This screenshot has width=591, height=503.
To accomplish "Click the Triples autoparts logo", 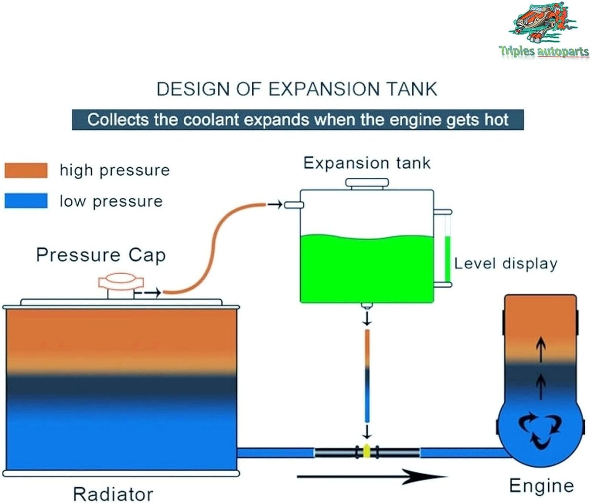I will [x=544, y=32].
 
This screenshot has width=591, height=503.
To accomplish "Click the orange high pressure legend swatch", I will [x=26, y=171].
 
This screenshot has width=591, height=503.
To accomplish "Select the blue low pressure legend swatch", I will [x=26, y=200].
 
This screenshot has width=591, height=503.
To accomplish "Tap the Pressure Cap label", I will [x=100, y=255].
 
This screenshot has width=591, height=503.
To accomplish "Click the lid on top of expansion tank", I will [x=367, y=183].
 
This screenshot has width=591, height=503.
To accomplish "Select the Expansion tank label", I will [x=366, y=163].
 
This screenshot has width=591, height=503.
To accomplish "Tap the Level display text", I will [x=506, y=264].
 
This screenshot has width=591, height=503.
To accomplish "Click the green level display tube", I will [x=447, y=258].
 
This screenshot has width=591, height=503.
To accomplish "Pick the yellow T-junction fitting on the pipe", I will [x=367, y=451].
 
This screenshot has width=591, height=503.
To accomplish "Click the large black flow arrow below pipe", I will [x=370, y=477].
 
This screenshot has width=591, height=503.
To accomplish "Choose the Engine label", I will [x=541, y=486].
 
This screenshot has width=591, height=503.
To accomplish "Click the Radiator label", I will [x=113, y=494].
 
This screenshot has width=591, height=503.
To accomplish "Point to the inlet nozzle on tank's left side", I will [x=294, y=205].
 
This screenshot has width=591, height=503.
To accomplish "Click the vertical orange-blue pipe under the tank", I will [x=367, y=376].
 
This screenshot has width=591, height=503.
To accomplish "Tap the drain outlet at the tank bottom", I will [x=367, y=306].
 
